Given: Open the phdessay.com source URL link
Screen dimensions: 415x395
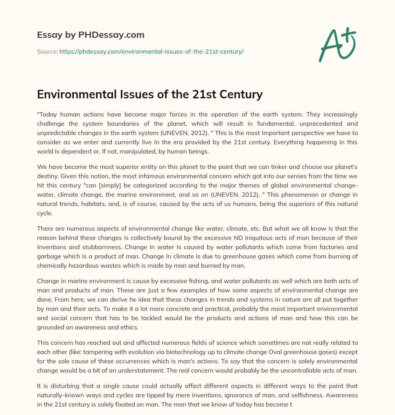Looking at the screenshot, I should [151, 51].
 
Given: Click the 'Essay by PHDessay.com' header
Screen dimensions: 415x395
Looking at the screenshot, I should [91, 35].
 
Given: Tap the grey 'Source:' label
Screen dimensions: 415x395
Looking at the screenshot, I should [47, 51].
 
